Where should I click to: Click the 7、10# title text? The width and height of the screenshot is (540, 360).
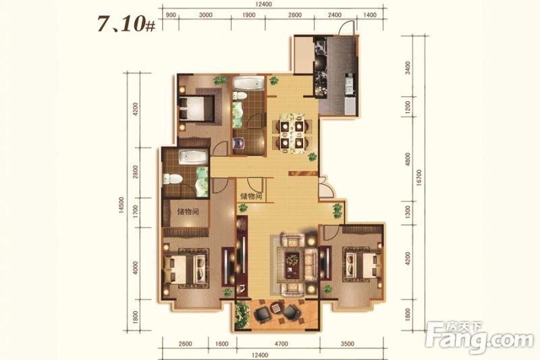pyautogui.click(x=126, y=24)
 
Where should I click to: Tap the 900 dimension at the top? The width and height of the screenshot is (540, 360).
pyautogui.click(x=171, y=15)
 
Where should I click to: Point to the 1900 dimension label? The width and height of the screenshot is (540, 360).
pyautogui.click(x=248, y=15)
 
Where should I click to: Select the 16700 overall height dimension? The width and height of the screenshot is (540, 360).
pyautogui.click(x=418, y=178)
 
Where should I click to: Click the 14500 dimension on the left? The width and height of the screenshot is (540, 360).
pyautogui.click(x=122, y=205)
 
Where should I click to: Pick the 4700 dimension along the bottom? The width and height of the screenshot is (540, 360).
pyautogui.click(x=281, y=344)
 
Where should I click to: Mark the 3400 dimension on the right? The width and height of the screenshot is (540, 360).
pyautogui.click(x=408, y=68)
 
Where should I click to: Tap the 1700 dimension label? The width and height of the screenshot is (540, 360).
pyautogui.click(x=136, y=212)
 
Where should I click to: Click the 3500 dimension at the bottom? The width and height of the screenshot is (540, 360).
pyautogui.click(x=348, y=344)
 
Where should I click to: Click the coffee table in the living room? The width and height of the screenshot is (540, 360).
pyautogui.click(x=293, y=263)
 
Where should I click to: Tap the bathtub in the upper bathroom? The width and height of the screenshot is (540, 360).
pyautogui.click(x=248, y=83)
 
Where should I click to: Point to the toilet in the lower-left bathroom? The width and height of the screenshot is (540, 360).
pyautogui.click(x=173, y=178)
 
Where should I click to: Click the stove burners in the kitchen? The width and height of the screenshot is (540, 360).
pyautogui.click(x=321, y=48)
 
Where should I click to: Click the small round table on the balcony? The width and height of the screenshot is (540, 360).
pyautogui.click(x=276, y=307)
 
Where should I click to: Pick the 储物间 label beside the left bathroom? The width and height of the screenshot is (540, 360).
pyautogui.click(x=188, y=211)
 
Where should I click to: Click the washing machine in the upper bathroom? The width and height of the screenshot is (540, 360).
pyautogui.click(x=239, y=143)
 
